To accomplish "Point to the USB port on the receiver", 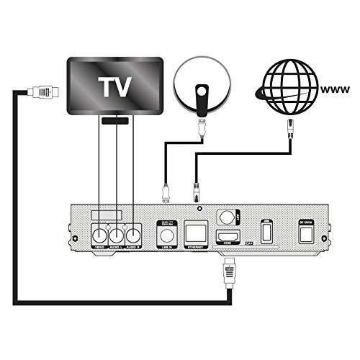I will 266,232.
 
